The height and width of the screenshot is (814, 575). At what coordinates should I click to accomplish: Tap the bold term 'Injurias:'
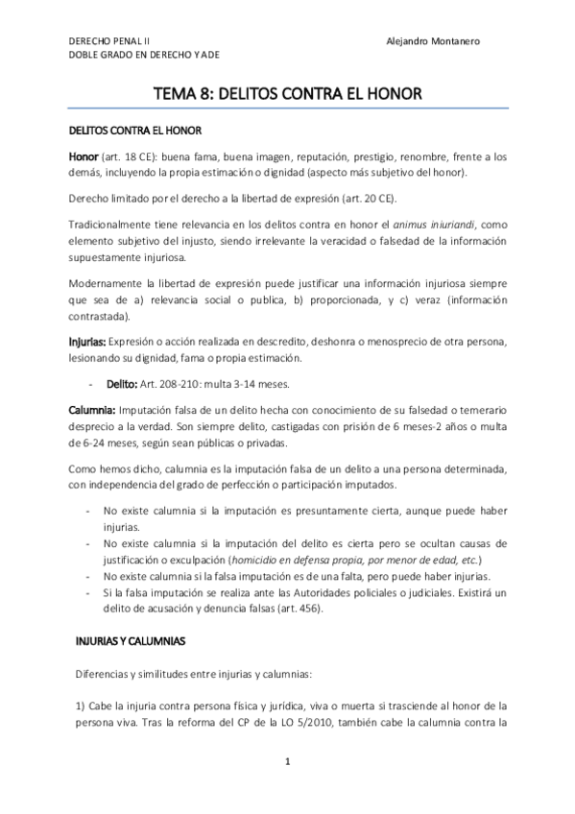[x=87, y=340]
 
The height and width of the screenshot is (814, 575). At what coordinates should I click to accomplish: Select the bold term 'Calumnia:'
[x=91, y=410]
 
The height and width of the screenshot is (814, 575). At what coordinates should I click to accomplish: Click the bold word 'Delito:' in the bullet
[x=122, y=383]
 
